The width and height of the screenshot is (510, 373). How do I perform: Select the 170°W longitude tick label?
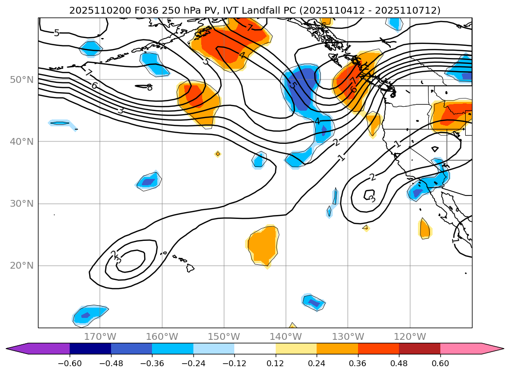click(x=100, y=336)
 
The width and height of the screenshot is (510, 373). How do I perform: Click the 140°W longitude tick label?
click(x=286, y=336)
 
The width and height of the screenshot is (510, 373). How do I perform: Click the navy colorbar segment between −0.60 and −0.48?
click(x=90, y=348)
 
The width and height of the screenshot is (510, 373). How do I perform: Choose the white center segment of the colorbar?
click(x=255, y=348)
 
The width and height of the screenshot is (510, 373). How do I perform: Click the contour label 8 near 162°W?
click(x=150, y=87)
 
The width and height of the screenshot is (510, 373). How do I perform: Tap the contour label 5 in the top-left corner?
click(x=57, y=33)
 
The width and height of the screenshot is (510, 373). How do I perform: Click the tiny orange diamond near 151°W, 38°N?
click(x=218, y=154)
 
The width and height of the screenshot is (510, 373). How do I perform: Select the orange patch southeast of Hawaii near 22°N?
click(x=263, y=245)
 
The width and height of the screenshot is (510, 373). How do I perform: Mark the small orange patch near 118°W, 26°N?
click(x=424, y=228)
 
